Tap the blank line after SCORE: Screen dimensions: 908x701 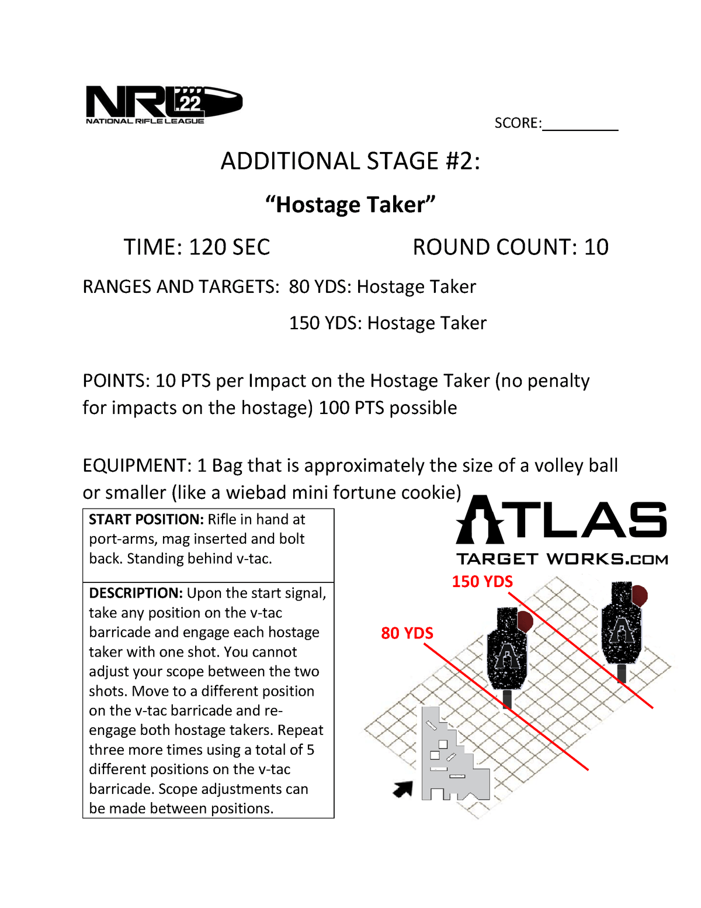tap(579, 124)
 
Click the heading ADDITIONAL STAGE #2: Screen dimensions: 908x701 tap(350, 161)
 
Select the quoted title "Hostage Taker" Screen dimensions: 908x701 tap(350, 205)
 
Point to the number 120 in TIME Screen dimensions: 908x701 tap(207, 247)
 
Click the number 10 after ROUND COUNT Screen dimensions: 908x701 tap(596, 247)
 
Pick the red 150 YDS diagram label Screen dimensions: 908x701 tap(482, 582)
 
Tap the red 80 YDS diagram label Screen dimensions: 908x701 tap(407, 633)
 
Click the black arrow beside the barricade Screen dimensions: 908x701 tap(403, 789)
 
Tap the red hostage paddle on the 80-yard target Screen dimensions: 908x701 tap(525, 621)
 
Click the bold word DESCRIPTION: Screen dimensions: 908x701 tap(136, 593)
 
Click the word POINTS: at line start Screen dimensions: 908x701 tap(117, 381)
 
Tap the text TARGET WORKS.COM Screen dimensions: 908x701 tap(562, 560)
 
